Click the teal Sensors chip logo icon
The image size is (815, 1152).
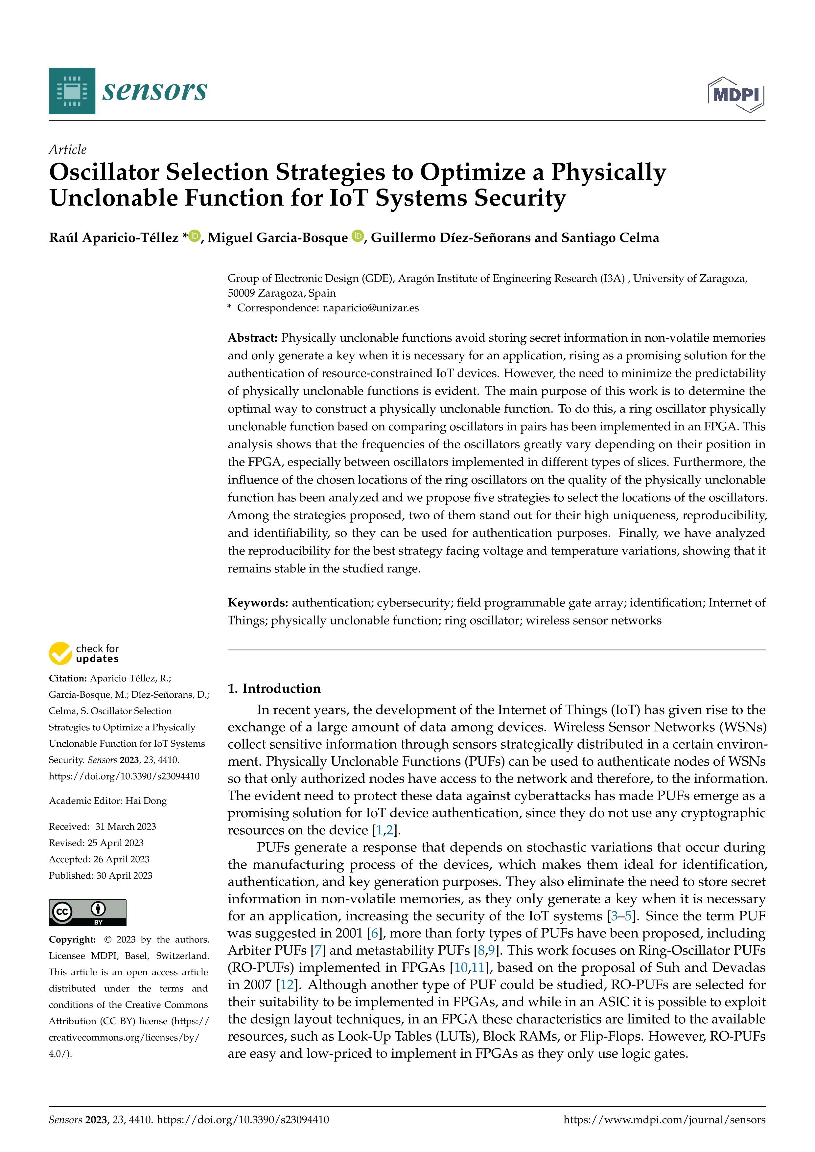click(72, 91)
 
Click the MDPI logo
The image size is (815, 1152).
click(736, 94)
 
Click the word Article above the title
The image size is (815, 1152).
click(67, 149)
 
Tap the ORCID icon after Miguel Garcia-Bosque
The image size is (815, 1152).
click(357, 235)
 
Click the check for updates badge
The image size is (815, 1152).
click(84, 653)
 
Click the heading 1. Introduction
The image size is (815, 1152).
click(274, 689)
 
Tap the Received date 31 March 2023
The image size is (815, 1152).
click(126, 826)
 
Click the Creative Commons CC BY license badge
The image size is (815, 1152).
click(87, 912)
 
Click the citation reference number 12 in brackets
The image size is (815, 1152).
click(287, 984)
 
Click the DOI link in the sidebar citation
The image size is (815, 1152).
click(124, 776)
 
